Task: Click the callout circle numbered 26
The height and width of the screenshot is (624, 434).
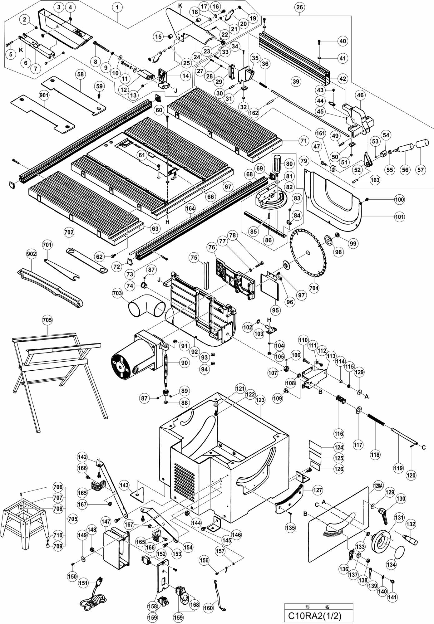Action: point(299,7)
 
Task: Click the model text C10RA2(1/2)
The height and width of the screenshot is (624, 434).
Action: point(319,616)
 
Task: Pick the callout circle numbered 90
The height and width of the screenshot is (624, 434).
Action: point(185,363)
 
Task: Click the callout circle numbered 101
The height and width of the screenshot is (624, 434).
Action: point(399,217)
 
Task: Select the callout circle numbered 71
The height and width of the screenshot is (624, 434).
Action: point(303,141)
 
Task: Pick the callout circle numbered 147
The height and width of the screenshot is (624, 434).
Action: point(106,521)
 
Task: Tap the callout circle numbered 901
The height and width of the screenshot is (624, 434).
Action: point(44,95)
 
